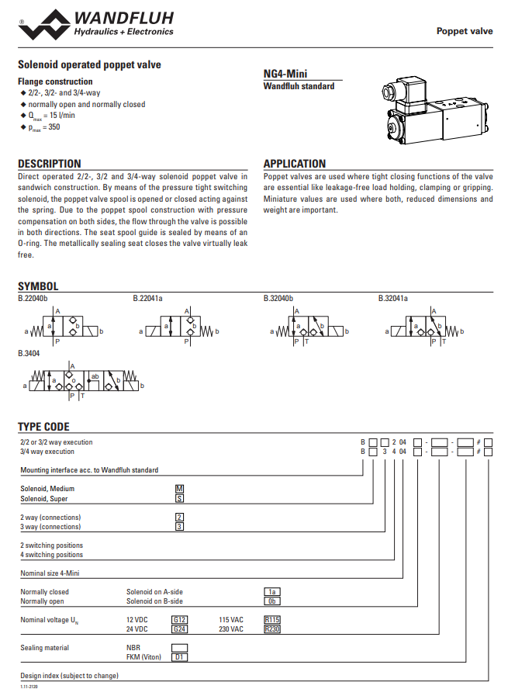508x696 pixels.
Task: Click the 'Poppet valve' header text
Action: (465, 31)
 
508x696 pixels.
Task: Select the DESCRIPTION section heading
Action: (49, 164)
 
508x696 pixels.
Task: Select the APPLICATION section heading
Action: (295, 164)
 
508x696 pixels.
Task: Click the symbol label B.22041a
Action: (148, 297)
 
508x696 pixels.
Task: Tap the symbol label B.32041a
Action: (393, 297)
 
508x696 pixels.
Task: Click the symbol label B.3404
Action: (29, 353)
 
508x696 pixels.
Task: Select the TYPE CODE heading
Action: (43, 427)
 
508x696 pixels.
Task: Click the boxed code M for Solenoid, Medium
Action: (179, 489)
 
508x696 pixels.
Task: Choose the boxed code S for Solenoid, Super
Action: (179, 498)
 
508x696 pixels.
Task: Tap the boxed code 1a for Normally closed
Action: (271, 592)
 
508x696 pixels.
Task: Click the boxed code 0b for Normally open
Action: (271, 601)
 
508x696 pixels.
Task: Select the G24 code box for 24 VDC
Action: (179, 629)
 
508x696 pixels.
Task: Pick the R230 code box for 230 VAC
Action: (271, 629)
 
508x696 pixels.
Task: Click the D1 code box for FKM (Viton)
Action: (179, 657)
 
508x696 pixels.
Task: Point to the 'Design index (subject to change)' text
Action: (69, 676)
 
